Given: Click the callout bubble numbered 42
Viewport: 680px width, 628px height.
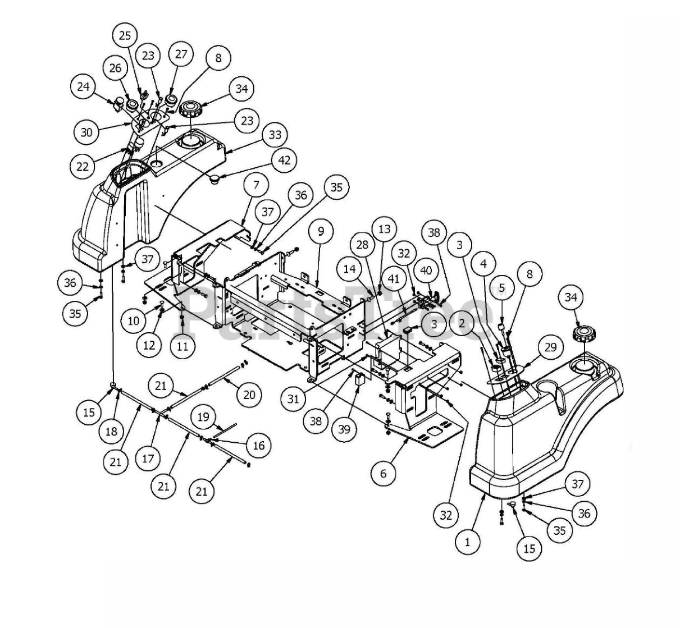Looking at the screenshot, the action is tap(284, 160).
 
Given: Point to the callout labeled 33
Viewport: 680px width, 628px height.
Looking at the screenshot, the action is tap(275, 135).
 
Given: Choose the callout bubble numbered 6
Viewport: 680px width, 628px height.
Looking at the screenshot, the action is tap(384, 473).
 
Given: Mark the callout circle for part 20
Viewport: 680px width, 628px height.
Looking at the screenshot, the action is tap(249, 395).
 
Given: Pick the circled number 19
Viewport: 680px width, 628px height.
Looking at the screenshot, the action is tap(203, 417).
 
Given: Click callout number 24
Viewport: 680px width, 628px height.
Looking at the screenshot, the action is tap(84, 87).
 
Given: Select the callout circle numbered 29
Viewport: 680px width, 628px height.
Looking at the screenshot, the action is tap(550, 347).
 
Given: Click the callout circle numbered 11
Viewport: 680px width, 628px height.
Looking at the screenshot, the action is tap(182, 346).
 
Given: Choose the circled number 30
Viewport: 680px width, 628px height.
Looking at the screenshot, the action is tap(86, 132).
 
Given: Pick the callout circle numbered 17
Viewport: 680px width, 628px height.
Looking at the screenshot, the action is tap(147, 458).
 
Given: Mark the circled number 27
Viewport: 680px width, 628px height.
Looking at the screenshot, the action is tap(181, 54).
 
